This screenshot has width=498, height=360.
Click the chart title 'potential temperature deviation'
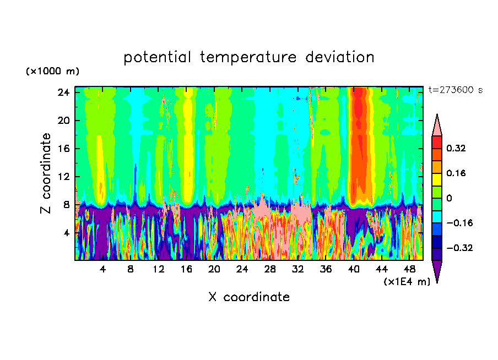(x=249, y=57)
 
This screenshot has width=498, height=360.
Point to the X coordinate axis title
(x=249, y=297)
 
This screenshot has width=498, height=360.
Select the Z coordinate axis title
(x=46, y=173)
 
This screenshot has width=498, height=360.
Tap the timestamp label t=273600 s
(x=456, y=90)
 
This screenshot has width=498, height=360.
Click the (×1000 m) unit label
(x=52, y=72)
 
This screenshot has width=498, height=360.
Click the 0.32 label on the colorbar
(x=457, y=148)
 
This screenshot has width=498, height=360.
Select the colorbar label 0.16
(x=457, y=173)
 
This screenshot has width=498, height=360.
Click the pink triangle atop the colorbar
(x=437, y=126)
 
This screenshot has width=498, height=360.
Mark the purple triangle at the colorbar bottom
(x=437, y=271)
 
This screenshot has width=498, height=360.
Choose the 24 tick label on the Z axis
(x=64, y=92)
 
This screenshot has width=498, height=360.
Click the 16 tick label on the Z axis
(x=64, y=149)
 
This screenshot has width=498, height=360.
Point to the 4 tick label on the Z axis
(x=67, y=233)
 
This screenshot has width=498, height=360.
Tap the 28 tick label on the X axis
(x=270, y=269)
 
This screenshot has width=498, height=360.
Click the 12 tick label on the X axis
(x=158, y=269)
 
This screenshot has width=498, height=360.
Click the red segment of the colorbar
(x=437, y=142)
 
